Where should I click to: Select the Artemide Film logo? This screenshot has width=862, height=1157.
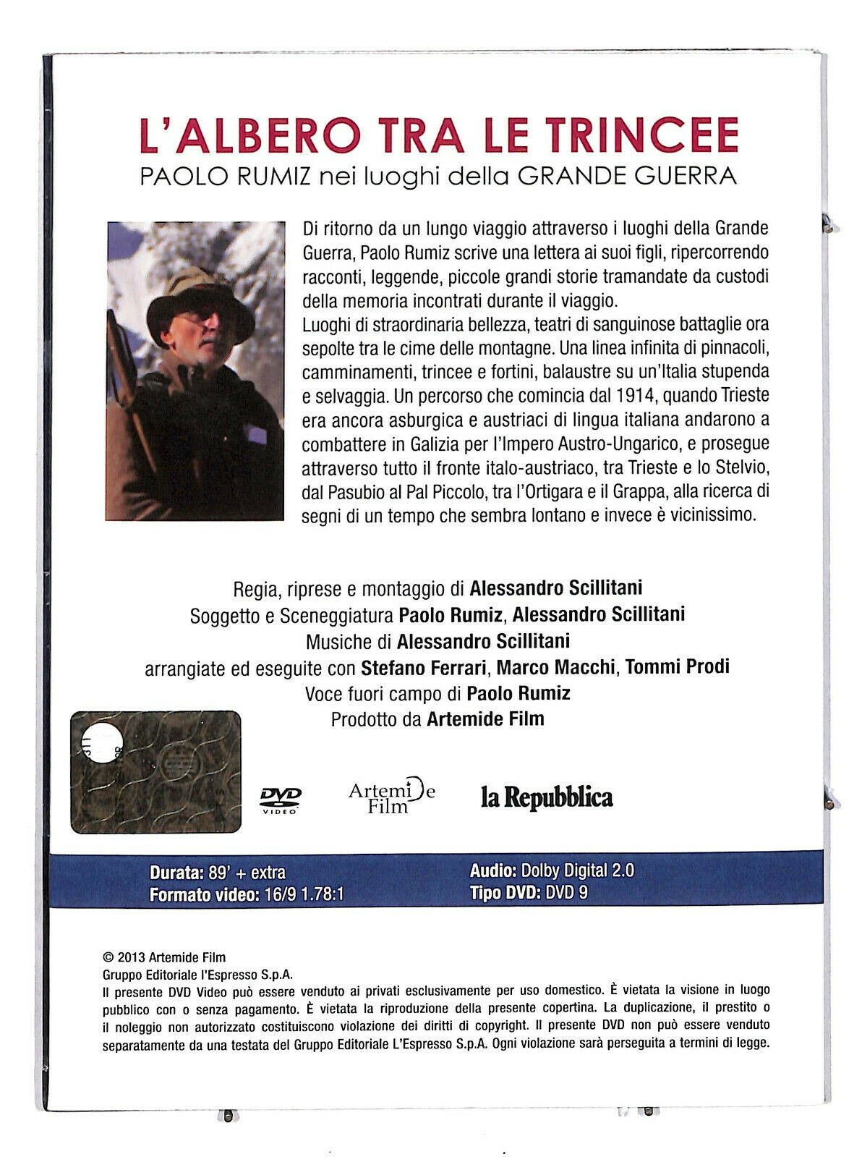[391, 797]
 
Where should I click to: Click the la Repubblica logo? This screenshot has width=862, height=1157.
[547, 797]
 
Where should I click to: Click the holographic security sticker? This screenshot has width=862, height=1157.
[156, 772]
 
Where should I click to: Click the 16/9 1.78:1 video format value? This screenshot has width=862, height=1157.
[302, 894]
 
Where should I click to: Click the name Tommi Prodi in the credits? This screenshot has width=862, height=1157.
[677, 666]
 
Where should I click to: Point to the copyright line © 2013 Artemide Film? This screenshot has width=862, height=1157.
[165, 957]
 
